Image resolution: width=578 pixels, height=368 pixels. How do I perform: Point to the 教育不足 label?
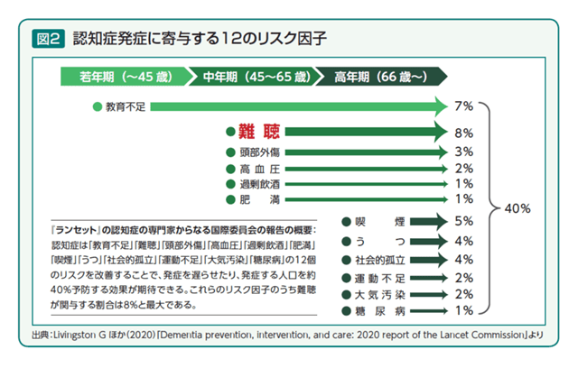click(126, 106)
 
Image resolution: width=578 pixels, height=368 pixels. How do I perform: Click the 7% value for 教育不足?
click(464, 106)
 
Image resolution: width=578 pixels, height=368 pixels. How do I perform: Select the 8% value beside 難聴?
click(464, 132)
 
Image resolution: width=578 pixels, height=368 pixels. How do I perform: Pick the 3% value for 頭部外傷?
click(464, 151)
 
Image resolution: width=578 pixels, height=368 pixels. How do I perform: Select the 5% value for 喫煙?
click(464, 220)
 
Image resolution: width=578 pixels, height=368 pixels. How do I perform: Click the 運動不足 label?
click(379, 277)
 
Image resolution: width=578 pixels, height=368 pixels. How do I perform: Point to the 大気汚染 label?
click(379, 294)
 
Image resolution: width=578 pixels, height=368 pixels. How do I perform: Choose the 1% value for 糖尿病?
click(464, 311)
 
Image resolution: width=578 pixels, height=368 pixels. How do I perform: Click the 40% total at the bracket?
click(518, 208)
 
